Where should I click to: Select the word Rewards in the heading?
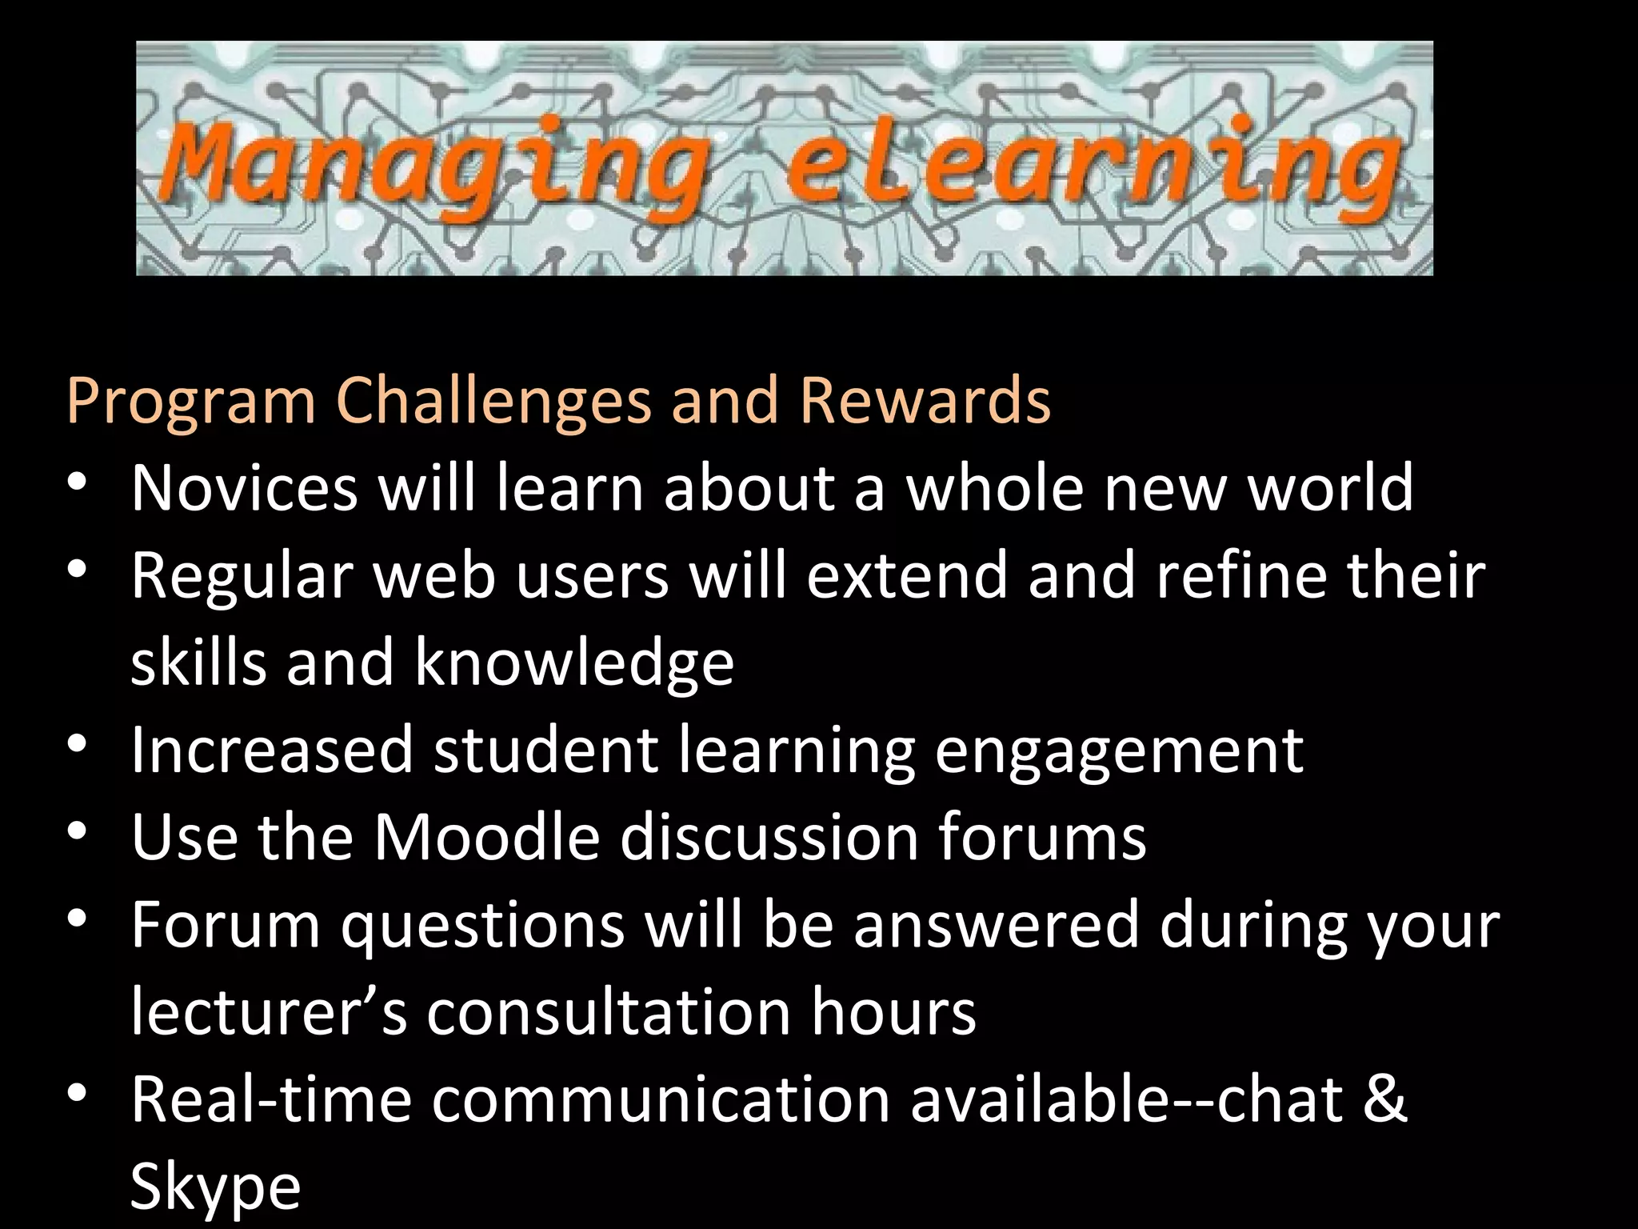pos(925,399)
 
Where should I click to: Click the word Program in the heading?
pos(192,399)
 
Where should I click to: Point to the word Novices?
pos(245,487)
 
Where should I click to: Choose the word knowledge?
pos(574,663)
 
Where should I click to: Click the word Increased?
pos(272,750)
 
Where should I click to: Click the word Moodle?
pos(487,837)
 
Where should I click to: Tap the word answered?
pos(996,925)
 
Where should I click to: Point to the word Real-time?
pos(271,1099)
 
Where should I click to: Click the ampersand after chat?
pos(1384,1099)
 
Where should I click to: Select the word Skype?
pos(215,1187)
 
